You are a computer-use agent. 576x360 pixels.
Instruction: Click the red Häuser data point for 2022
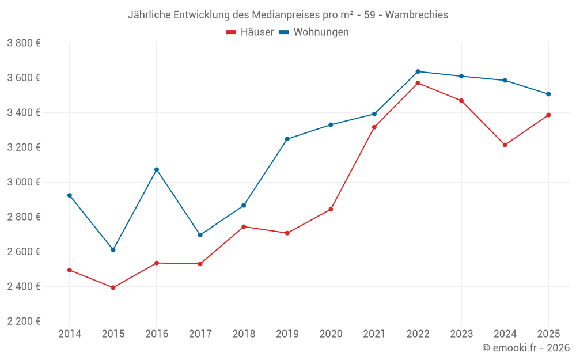(418, 83)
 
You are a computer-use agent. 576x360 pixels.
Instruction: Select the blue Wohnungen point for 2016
(157, 170)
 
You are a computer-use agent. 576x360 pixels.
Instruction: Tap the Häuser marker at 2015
(113, 287)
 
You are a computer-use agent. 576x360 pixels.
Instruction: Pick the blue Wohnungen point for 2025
(548, 94)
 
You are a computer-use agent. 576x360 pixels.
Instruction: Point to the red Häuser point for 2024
(505, 145)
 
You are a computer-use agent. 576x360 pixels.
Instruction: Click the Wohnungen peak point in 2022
(418, 71)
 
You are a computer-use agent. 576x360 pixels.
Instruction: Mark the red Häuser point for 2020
(331, 209)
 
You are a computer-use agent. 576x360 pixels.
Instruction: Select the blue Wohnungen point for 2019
(287, 139)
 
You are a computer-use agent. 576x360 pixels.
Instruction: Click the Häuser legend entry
(250, 32)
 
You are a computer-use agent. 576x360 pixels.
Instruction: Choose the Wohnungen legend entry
(314, 32)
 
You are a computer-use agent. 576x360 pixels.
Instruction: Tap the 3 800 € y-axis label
(24, 43)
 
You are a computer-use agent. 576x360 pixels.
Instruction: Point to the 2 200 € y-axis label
(24, 321)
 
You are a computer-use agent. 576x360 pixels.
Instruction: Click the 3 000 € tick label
(24, 182)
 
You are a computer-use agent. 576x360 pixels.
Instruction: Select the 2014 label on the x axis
(70, 334)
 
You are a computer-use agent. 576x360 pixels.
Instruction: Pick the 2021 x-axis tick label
(374, 334)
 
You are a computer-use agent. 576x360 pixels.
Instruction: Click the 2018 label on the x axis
(243, 334)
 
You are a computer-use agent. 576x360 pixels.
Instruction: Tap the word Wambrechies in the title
(416, 15)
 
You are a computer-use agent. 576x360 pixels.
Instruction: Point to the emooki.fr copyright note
(525, 348)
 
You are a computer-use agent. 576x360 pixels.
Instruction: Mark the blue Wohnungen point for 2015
(113, 250)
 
